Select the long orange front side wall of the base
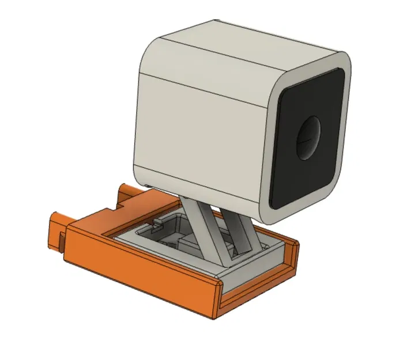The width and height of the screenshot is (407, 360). point(138,271)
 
